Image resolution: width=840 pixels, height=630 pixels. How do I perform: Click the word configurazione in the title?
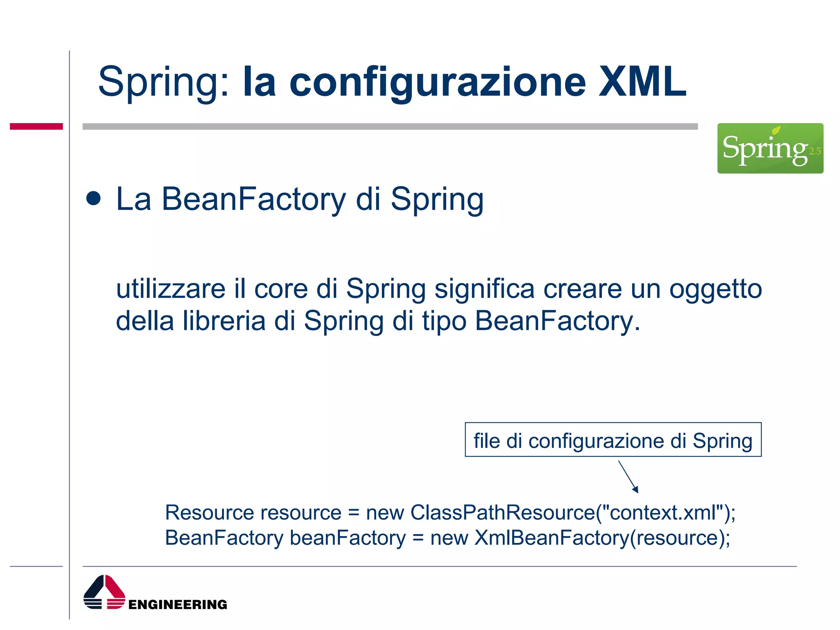tap(438, 83)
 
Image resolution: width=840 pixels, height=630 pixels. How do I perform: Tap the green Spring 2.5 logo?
tap(770, 148)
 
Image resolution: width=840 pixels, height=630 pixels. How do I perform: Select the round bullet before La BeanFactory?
tap(94, 199)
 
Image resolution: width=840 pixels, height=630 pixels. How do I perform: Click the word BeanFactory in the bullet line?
tap(254, 199)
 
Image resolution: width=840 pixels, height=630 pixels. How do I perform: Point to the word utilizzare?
tap(171, 289)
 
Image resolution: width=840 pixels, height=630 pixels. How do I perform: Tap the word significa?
tap(484, 289)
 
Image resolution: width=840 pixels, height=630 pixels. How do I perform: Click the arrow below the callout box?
tap(628, 477)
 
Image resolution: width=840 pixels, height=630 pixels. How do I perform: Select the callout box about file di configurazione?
tap(613, 440)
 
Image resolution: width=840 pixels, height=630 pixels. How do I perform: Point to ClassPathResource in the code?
tap(503, 513)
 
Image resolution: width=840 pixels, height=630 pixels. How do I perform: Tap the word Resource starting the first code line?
tap(210, 513)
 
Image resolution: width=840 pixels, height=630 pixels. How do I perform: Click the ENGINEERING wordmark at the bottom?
tap(178, 605)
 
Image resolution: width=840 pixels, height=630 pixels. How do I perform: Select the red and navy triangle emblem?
tap(104, 592)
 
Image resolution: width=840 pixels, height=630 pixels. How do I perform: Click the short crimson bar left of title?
tap(36, 126)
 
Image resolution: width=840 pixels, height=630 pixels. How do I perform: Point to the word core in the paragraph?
tap(281, 289)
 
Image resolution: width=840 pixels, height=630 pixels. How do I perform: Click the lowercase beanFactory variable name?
tap(348, 538)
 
